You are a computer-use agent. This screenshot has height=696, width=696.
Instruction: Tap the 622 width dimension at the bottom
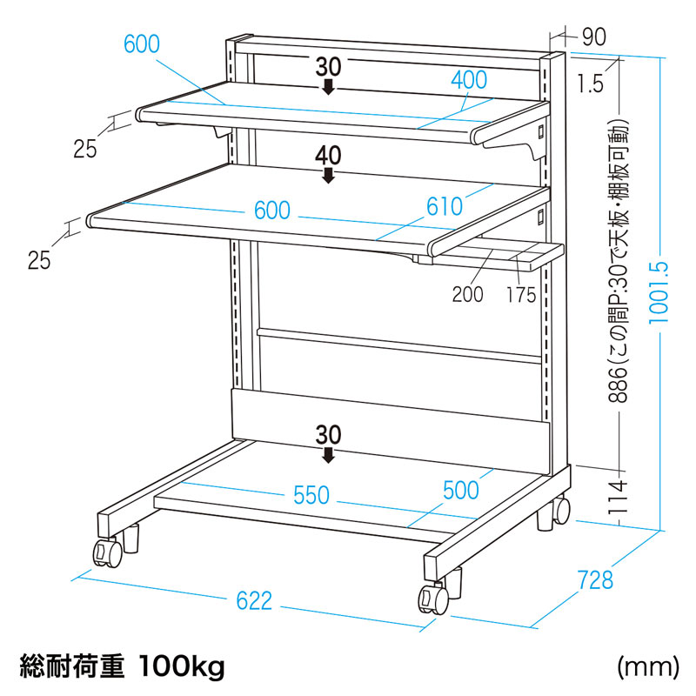point(255,599)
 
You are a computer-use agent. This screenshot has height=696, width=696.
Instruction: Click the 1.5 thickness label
point(590,84)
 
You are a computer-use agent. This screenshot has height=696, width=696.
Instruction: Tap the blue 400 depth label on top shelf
point(469,79)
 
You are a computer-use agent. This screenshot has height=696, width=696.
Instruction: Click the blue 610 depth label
point(445,206)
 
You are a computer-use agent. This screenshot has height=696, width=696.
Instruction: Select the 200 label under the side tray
point(467,294)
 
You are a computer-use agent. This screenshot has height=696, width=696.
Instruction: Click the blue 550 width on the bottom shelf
point(311,494)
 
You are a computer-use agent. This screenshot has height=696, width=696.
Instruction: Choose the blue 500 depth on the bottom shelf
point(461,489)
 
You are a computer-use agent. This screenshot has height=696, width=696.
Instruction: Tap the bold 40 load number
point(328,156)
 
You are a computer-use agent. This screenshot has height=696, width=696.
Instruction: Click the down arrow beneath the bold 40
point(328,176)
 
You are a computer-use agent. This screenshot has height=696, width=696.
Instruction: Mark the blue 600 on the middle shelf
point(271,211)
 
